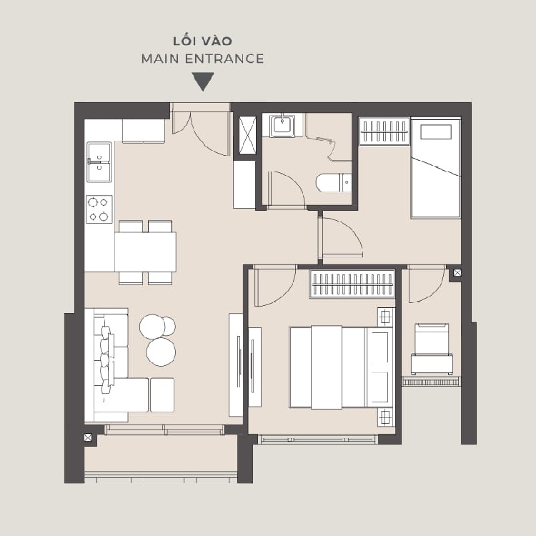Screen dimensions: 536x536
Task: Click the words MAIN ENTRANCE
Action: tap(202, 59)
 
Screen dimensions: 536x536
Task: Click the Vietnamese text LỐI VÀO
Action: tap(202, 41)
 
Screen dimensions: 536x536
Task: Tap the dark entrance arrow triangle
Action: tap(203, 81)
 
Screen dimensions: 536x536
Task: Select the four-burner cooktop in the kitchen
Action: tap(99, 209)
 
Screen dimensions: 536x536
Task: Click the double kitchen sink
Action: tap(99, 162)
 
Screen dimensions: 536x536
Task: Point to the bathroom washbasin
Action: tap(282, 126)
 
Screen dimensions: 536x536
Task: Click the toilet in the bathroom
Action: tap(334, 183)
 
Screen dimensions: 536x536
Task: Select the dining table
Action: tap(145, 252)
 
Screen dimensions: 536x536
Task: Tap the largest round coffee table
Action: tap(161, 352)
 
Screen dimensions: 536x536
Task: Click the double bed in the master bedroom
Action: tap(341, 367)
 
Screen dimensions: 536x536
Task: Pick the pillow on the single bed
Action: tap(436, 132)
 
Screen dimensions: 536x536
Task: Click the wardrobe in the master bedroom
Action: tap(352, 284)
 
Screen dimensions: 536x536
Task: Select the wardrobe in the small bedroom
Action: tap(384, 131)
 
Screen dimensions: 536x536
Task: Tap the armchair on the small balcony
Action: tap(432, 349)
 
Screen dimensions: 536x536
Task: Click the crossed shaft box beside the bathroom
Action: tap(247, 136)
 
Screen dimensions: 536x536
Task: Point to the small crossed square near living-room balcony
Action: tap(88, 437)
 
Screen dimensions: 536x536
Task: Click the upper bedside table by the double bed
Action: tap(386, 317)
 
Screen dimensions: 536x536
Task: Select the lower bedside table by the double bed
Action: tap(386, 417)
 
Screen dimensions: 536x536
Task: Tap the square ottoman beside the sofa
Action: tap(162, 394)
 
